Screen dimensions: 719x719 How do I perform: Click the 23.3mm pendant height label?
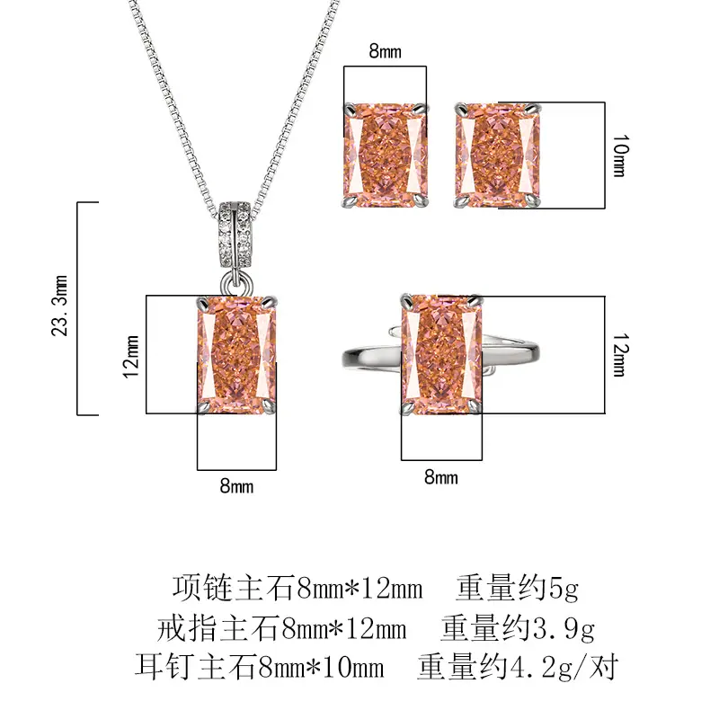59,306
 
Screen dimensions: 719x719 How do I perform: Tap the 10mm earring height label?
621,155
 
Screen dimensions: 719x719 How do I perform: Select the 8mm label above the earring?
386,51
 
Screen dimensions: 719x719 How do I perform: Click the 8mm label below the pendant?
236,485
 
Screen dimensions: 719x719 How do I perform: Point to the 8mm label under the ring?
441,477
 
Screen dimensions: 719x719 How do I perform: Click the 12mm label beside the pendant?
130,357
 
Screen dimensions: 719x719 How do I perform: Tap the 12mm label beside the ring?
621,355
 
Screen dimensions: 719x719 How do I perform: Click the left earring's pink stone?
386,155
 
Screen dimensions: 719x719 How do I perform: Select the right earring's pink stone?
498,155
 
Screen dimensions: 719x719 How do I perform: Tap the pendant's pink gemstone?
236,355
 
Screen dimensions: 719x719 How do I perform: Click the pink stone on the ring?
441,354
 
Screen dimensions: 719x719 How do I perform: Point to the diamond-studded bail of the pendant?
235,235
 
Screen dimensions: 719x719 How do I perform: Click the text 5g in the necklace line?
564,589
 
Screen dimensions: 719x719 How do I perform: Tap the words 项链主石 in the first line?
233,589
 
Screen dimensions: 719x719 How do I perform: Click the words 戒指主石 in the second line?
217,628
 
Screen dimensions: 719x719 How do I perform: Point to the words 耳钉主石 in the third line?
195,668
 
